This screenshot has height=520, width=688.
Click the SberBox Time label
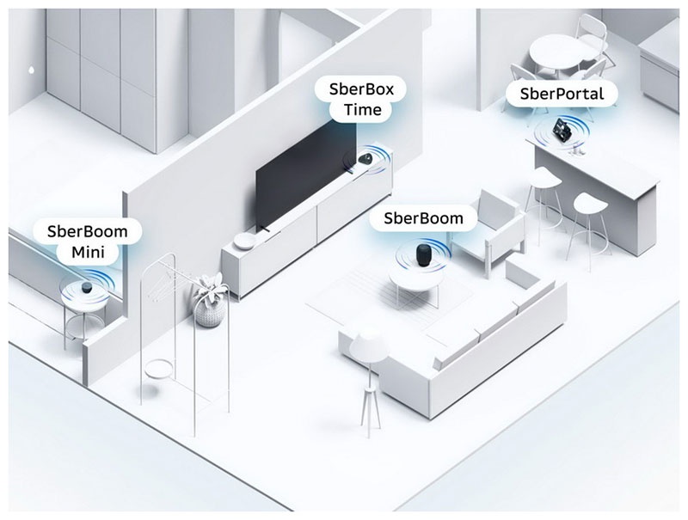click(x=350, y=99)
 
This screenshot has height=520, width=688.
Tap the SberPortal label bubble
click(x=556, y=93)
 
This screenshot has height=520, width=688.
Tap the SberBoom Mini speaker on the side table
click(x=89, y=286)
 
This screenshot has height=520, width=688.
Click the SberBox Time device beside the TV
click(x=365, y=159)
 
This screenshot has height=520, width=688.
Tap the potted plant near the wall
click(x=208, y=301)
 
